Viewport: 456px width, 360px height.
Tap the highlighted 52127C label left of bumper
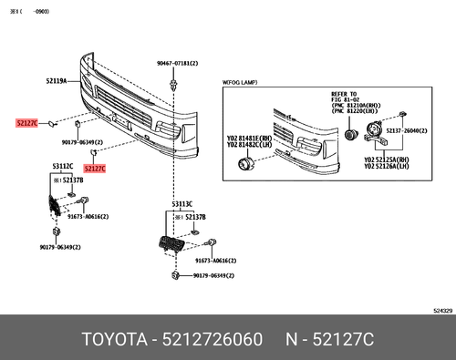(x=27, y=121)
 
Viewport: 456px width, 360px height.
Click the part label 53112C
(x=62, y=167)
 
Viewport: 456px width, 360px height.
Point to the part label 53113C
(x=181, y=205)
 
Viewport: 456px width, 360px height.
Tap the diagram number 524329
(x=440, y=310)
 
